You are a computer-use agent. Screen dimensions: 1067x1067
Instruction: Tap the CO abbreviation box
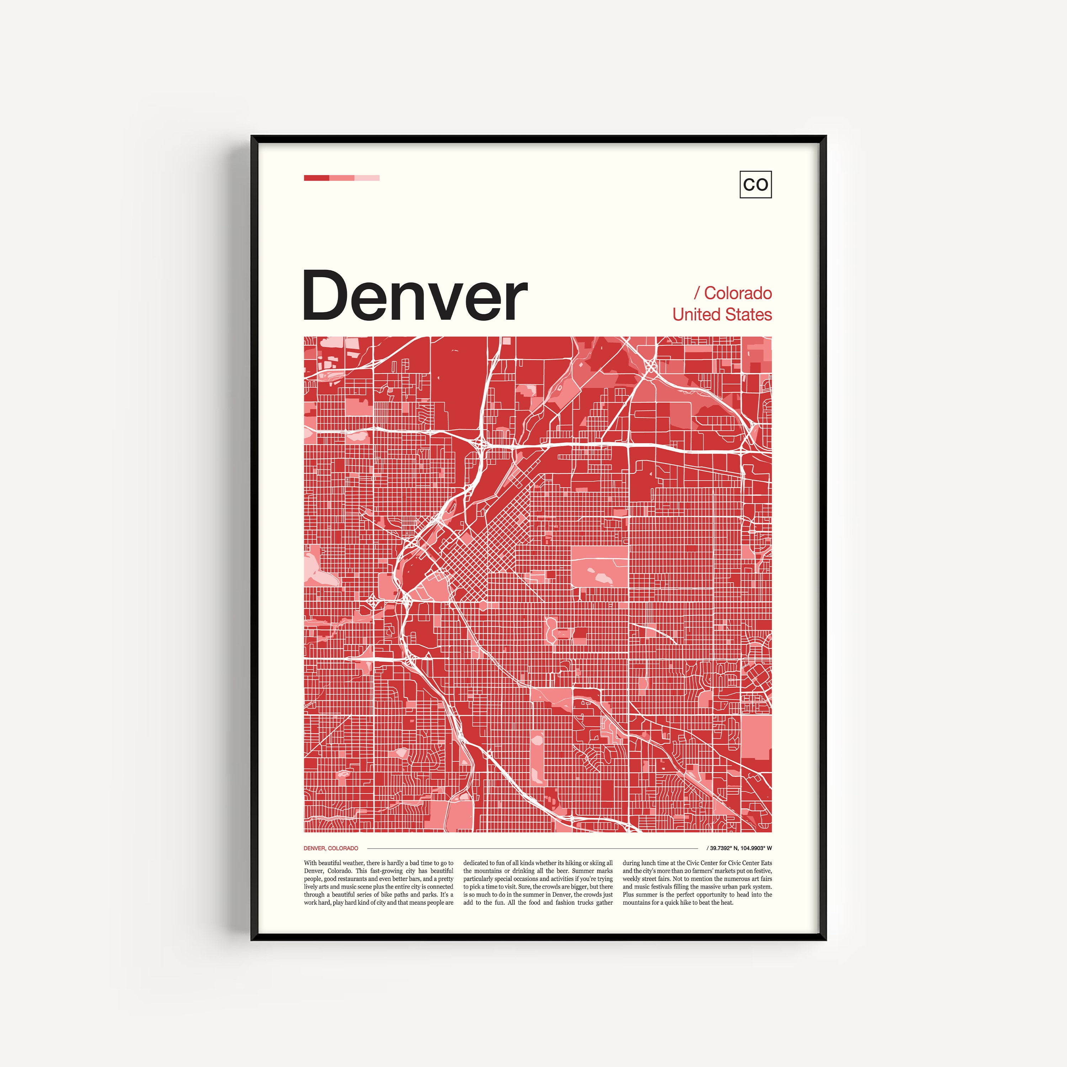755,185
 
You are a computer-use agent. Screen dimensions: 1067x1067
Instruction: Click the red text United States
722,314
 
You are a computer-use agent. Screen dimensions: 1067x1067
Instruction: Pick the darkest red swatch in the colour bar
317,178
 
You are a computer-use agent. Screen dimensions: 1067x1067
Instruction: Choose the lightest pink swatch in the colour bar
367,178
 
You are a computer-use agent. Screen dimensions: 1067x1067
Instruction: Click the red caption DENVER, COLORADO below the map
331,848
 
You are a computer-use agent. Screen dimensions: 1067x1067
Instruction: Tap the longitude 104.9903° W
757,848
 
